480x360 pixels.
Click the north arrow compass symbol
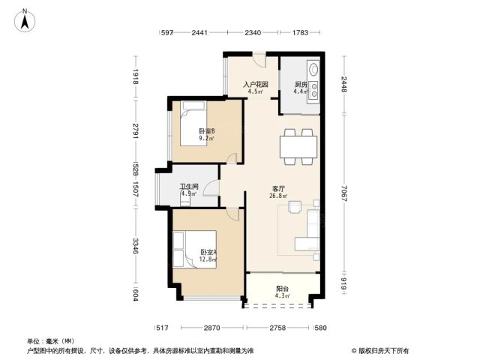(25, 20)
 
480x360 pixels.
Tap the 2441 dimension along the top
(199, 32)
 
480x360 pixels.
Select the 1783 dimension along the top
(300, 32)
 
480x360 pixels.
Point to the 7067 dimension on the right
(344, 193)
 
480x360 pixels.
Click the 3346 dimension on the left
(136, 246)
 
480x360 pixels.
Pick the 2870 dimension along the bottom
(211, 328)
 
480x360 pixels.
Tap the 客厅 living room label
(278, 189)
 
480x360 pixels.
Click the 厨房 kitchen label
(301, 84)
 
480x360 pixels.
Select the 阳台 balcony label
(282, 288)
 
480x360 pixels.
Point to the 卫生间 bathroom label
(189, 186)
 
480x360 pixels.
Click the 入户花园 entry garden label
(256, 84)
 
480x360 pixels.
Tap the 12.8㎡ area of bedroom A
(208, 259)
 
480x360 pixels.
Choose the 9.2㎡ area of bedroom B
(206, 138)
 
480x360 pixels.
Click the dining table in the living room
(298, 147)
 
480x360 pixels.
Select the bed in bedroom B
(193, 123)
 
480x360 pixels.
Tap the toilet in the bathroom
(185, 200)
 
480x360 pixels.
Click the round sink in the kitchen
(313, 69)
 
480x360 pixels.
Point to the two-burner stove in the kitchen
(313, 91)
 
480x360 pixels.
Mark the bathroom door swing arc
(210, 186)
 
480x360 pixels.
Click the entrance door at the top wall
(259, 60)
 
